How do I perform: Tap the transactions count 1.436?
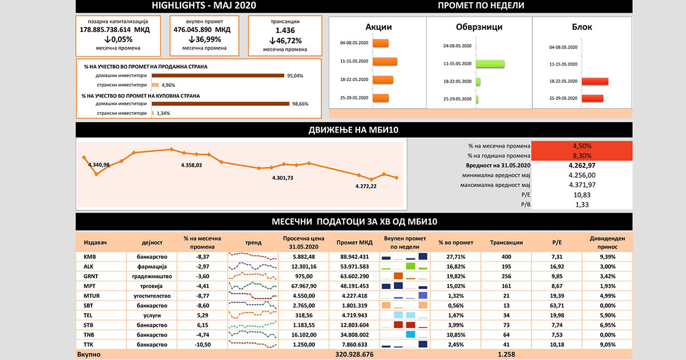(285, 30)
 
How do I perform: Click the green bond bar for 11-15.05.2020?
(490, 63)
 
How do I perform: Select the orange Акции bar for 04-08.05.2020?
(380, 43)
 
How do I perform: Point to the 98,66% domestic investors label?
(300, 104)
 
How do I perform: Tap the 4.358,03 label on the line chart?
(191, 165)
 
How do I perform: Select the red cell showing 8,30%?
(581, 155)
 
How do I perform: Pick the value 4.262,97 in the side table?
(583, 165)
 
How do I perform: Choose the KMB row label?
(90, 257)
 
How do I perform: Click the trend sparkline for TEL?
(252, 315)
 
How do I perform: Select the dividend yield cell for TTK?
(608, 344)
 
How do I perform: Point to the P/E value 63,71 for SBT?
(557, 305)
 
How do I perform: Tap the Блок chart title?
(581, 27)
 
